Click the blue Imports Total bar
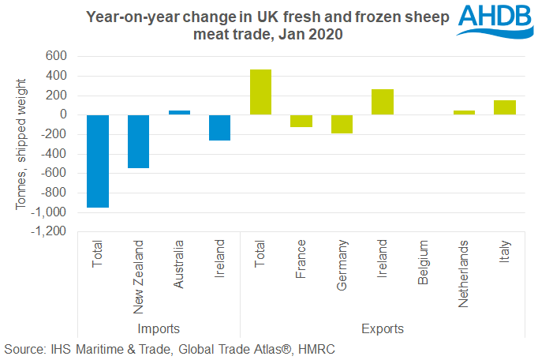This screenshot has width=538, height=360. (98, 161)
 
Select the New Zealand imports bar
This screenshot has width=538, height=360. (138, 141)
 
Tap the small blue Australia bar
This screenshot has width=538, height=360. (179, 113)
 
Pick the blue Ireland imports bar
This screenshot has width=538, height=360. (219, 128)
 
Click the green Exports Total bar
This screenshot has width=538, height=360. (260, 92)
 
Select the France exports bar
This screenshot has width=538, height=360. (301, 121)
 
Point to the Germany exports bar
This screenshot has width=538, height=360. (342, 124)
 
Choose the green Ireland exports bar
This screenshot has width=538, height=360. (383, 102)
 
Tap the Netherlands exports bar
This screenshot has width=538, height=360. (464, 113)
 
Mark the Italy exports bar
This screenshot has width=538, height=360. (505, 107)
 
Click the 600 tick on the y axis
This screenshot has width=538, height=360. (55, 57)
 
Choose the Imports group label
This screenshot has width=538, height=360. (159, 328)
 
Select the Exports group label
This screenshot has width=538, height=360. (383, 328)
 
